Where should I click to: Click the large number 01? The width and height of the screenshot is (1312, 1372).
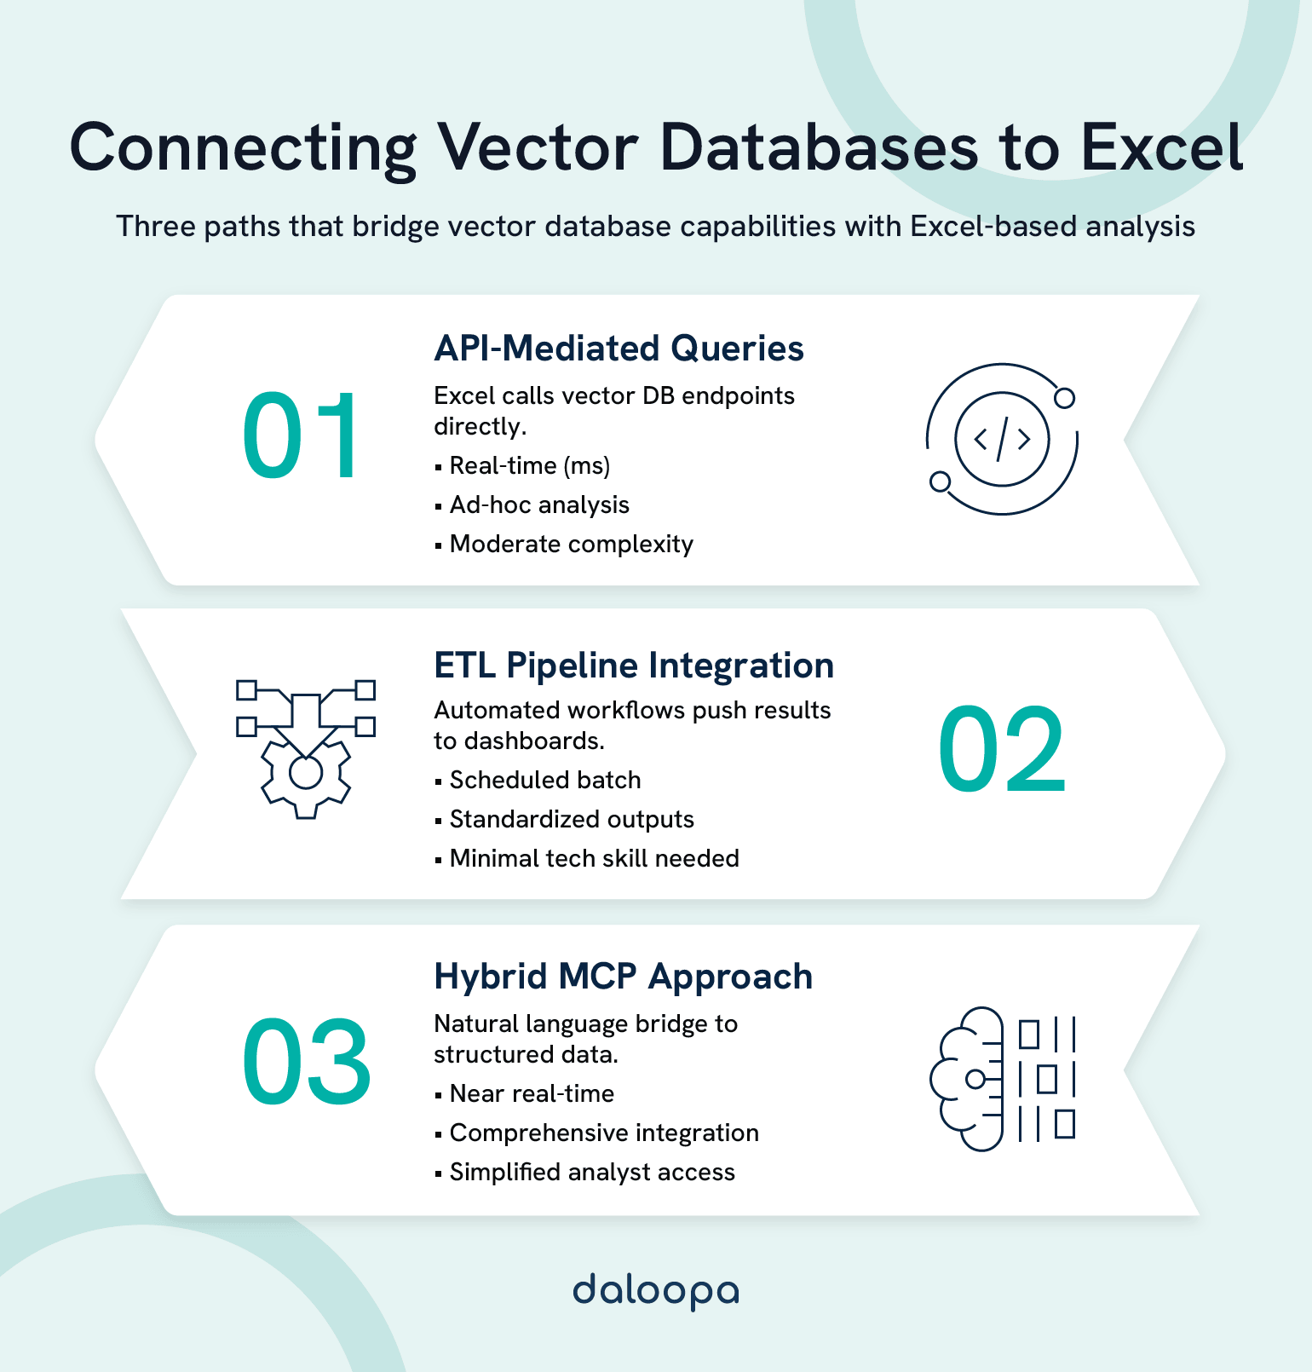point(300,437)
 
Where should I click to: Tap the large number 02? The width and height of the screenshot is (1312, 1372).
point(1001,751)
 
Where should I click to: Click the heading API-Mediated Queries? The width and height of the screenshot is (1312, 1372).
point(619,349)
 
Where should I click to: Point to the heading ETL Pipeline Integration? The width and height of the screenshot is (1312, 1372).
point(634,666)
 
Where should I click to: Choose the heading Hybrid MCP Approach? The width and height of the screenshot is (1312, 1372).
point(623,977)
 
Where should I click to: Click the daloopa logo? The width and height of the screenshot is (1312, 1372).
point(655,1291)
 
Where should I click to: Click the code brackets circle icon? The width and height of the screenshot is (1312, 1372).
point(1002,439)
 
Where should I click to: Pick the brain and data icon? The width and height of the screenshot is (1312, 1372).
point(1002,1078)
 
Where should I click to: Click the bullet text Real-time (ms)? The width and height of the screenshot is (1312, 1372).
point(529,465)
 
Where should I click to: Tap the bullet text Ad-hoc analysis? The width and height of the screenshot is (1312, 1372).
point(539,504)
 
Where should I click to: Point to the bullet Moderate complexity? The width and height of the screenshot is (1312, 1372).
point(571,544)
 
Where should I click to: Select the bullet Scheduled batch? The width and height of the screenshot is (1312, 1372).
point(545,780)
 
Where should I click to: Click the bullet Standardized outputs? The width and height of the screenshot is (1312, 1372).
point(572,819)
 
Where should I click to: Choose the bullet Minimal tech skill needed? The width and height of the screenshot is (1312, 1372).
point(594,858)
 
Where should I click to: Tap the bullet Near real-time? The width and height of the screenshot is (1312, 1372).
point(532,1093)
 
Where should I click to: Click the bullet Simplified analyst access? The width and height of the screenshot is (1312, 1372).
point(592,1172)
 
